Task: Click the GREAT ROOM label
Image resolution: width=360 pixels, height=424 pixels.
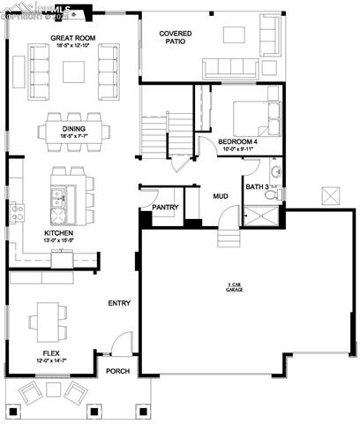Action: (x=73, y=38)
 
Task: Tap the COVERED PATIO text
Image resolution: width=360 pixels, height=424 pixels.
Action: (x=176, y=37)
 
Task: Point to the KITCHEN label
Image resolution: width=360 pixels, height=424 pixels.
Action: (x=58, y=234)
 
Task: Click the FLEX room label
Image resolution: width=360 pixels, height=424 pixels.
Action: (x=51, y=353)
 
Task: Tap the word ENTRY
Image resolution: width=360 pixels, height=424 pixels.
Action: (x=119, y=303)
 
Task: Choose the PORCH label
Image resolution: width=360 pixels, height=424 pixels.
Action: (x=117, y=371)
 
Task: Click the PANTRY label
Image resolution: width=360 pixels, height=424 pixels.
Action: (x=165, y=208)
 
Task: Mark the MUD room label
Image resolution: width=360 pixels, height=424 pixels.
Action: (x=220, y=196)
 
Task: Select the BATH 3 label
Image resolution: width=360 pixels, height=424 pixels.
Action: (x=258, y=186)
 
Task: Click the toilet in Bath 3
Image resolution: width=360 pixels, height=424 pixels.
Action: (x=274, y=193)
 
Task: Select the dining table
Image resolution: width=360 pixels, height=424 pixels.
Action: (x=74, y=132)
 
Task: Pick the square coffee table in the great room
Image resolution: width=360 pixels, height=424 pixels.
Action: (x=74, y=71)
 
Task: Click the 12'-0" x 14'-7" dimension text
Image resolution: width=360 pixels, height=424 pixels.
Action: (x=51, y=360)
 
